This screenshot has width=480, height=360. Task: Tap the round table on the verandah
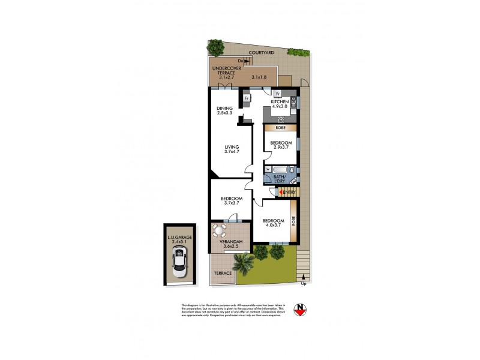(x=220, y=230)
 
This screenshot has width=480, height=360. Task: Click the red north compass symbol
(x=301, y=310)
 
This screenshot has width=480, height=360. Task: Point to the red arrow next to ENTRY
(x=279, y=192)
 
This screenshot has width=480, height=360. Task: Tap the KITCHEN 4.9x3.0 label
(x=280, y=106)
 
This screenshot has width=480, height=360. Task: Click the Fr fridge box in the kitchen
(x=277, y=94)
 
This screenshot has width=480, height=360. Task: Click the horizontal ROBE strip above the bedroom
(x=280, y=128)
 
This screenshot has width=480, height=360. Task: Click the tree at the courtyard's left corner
(x=215, y=47)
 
